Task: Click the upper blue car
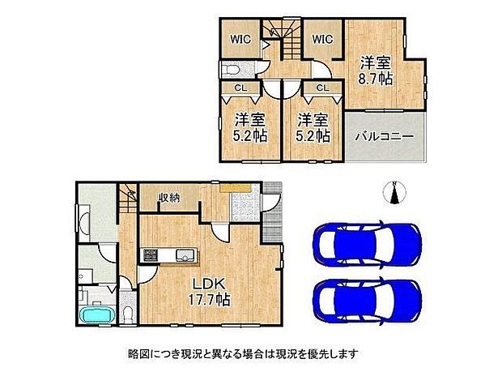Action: click(x=367, y=243)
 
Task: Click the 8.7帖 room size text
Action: click(x=376, y=79)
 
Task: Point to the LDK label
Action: click(x=208, y=284)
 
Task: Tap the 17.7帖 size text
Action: click(x=208, y=300)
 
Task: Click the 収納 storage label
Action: click(x=168, y=195)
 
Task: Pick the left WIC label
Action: click(x=239, y=39)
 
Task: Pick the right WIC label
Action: click(x=322, y=39)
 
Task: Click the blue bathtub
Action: click(x=96, y=314)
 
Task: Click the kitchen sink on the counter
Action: click(x=185, y=258)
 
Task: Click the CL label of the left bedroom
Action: click(x=240, y=88)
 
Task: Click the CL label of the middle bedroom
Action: click(x=321, y=88)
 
